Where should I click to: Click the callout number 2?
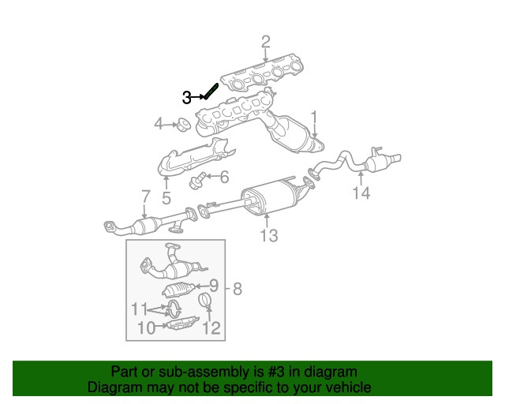click(265, 41)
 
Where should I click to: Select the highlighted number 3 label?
click(187, 97)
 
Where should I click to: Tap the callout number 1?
click(314, 118)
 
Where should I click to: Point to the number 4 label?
click(159, 124)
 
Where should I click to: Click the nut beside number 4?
click(181, 124)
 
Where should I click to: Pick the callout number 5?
click(166, 197)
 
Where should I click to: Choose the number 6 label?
click(223, 177)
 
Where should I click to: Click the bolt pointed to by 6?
click(198, 180)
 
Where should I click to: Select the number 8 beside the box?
click(238, 289)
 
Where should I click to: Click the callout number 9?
click(214, 286)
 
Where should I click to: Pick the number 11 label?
click(139, 308)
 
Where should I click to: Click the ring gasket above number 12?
click(204, 301)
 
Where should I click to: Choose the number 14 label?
click(361, 193)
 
